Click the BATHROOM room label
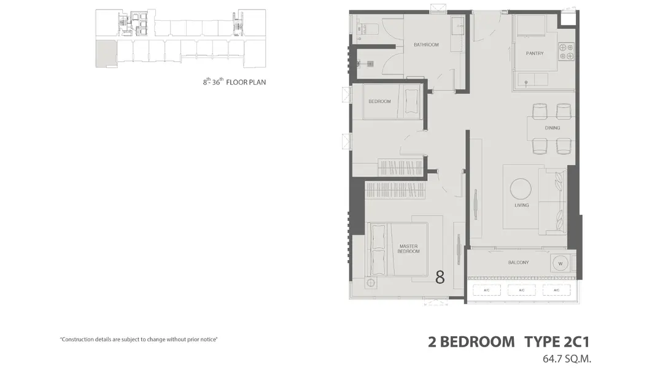426,45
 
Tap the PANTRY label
535,53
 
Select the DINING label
552,128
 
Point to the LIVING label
521,206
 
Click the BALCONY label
518,263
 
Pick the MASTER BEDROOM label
408,249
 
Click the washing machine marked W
560,264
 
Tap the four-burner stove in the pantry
566,52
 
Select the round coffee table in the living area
521,188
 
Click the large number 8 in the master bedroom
440,277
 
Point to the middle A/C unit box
521,290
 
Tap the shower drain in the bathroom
370,64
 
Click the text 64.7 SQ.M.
567,359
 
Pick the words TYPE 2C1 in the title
557,342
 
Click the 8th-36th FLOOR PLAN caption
235,82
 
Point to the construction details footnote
139,339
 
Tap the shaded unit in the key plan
106,53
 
